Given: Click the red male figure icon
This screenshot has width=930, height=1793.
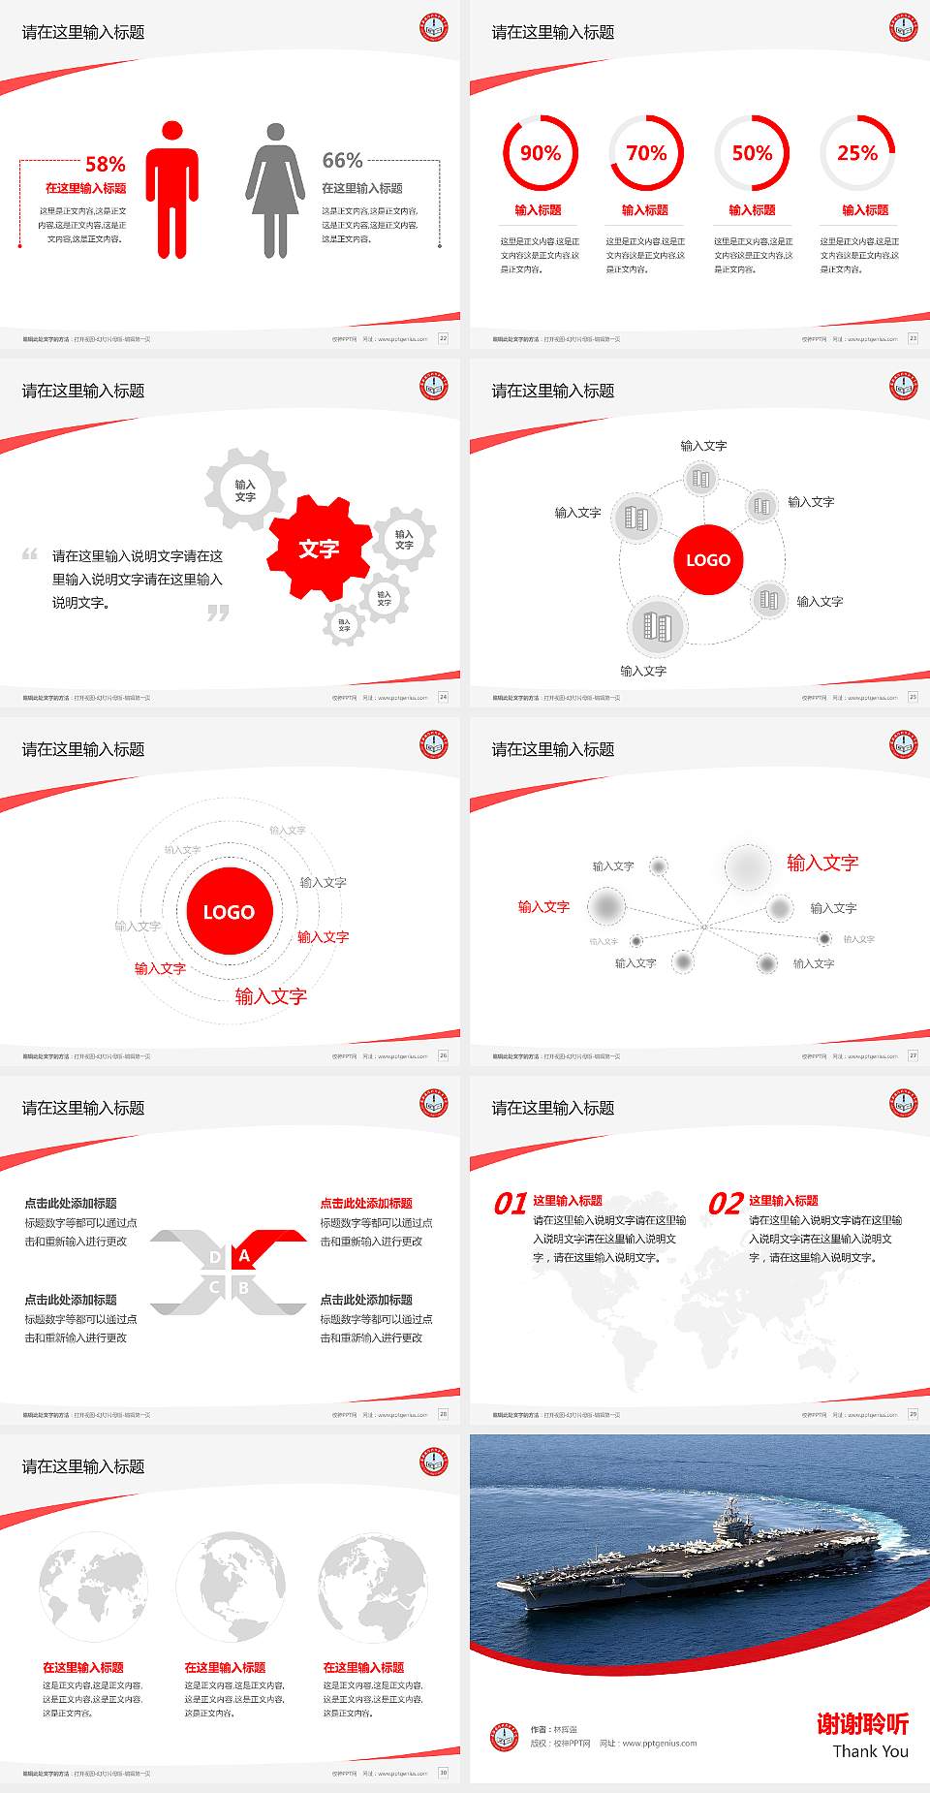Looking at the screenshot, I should (x=172, y=190).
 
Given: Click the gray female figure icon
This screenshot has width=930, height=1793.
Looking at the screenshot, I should (x=275, y=190).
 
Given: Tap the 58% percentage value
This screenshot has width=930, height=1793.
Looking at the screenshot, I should (x=105, y=164).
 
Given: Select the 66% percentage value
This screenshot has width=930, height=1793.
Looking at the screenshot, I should (x=342, y=160).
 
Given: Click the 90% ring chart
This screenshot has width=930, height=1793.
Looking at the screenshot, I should (x=540, y=153).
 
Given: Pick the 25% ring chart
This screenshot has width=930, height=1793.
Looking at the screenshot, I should (x=857, y=153).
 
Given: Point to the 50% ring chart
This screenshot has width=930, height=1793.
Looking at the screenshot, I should (x=752, y=153).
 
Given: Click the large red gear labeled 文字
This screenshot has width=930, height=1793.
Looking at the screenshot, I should (x=319, y=549).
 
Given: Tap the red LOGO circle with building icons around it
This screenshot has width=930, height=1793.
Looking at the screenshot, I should (x=708, y=560).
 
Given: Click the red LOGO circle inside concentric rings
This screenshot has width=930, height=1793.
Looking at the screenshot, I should (x=229, y=912).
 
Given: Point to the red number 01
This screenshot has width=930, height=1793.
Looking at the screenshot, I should (x=511, y=1204).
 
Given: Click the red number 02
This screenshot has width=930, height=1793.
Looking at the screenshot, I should (x=726, y=1204).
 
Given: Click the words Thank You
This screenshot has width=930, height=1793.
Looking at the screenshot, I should (x=870, y=1751).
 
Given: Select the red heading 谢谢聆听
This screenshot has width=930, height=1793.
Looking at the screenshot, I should (x=862, y=1723).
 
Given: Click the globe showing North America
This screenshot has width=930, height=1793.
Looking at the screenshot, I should (x=231, y=1587).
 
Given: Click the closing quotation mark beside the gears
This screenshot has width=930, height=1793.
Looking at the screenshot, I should (x=218, y=613).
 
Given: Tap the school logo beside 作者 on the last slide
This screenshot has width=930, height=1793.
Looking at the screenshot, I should (x=504, y=1737).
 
